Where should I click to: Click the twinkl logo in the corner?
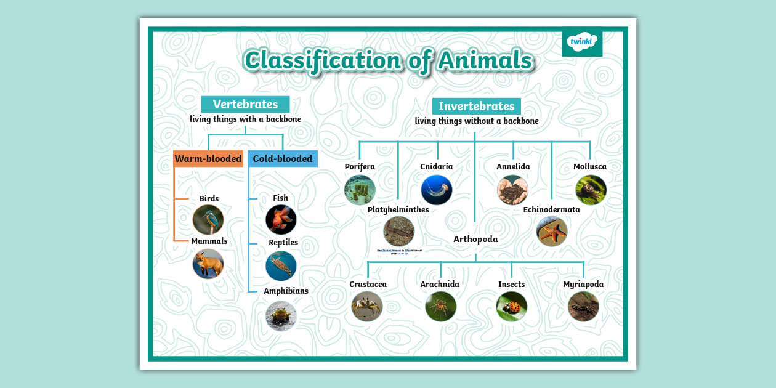(582, 42)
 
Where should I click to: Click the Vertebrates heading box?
(245, 104)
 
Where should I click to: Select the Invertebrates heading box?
(476, 106)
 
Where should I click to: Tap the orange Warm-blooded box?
(208, 159)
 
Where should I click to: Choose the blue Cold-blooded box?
(283, 159)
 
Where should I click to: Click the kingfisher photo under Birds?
(208, 220)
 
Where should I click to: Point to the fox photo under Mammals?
(208, 264)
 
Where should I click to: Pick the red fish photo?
(281, 220)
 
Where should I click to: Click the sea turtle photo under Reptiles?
(281, 266)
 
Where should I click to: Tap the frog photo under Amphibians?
(281, 316)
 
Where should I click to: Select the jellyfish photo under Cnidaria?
(437, 190)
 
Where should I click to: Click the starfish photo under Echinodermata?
(551, 232)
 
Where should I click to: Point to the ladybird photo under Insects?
(512, 306)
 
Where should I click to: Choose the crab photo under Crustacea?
(367, 306)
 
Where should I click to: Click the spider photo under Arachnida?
(441, 306)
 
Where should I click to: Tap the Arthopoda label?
(475, 239)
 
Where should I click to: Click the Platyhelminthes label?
(398, 209)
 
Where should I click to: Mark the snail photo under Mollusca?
(591, 190)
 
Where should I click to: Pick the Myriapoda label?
(583, 284)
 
